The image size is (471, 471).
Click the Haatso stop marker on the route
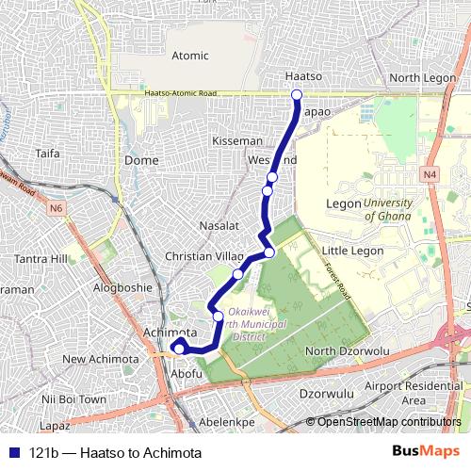[296, 94]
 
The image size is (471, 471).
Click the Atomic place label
[190, 56]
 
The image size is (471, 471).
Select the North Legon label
[417, 77]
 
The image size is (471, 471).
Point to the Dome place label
[141, 160]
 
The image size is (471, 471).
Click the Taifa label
[47, 153]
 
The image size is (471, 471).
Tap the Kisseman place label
[237, 140]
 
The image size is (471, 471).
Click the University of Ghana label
[388, 209]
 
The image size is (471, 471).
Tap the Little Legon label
[352, 251]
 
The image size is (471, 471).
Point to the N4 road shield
[430, 174]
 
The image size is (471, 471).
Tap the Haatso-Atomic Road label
[181, 93]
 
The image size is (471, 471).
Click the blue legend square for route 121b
[13, 453]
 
